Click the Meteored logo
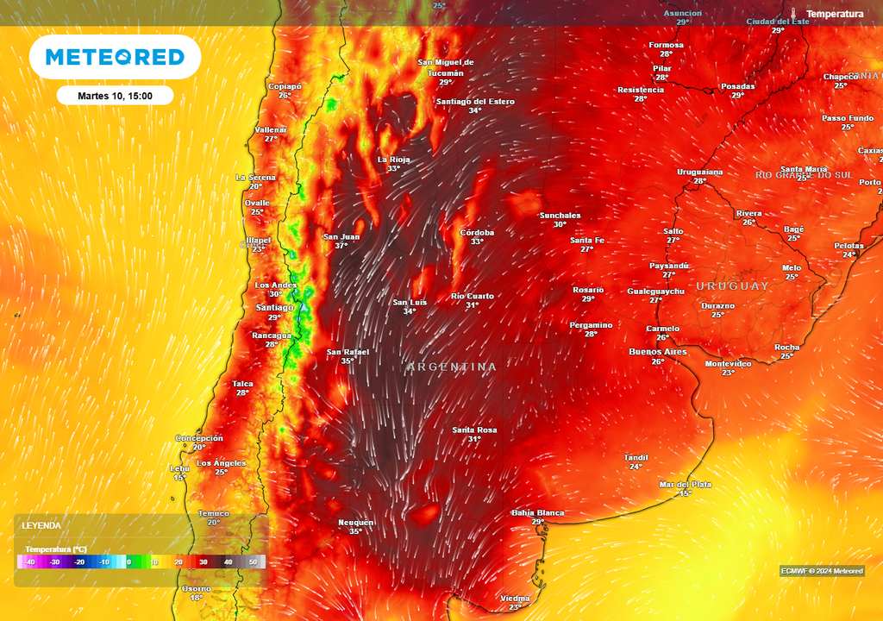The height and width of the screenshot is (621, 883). point(115,57)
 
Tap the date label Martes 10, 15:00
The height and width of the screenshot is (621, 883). point(115,95)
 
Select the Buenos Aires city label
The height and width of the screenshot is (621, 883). point(658,352)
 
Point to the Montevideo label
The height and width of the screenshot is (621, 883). point(728,364)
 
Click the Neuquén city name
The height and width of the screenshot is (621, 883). point(355,522)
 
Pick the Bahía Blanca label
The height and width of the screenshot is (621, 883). point(538,512)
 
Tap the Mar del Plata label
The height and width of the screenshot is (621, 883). point(686,484)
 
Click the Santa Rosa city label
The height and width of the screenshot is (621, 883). point(474,430)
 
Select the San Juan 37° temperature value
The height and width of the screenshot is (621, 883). point(341,246)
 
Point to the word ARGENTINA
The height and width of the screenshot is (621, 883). point(452,367)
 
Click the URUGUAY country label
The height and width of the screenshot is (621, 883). point(732,286)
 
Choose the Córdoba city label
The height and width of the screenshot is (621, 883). point(477,232)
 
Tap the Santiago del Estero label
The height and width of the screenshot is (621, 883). point(475,101)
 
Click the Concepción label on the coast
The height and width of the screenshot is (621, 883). point(199,438)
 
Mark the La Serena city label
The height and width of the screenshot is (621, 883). point(256,177)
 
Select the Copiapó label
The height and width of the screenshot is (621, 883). point(285,86)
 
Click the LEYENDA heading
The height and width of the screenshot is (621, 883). point(41,525)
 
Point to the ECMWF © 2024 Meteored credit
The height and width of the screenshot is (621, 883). point(822,571)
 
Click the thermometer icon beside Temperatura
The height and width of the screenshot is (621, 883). point(794,14)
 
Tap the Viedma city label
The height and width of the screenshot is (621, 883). point(515,598)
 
